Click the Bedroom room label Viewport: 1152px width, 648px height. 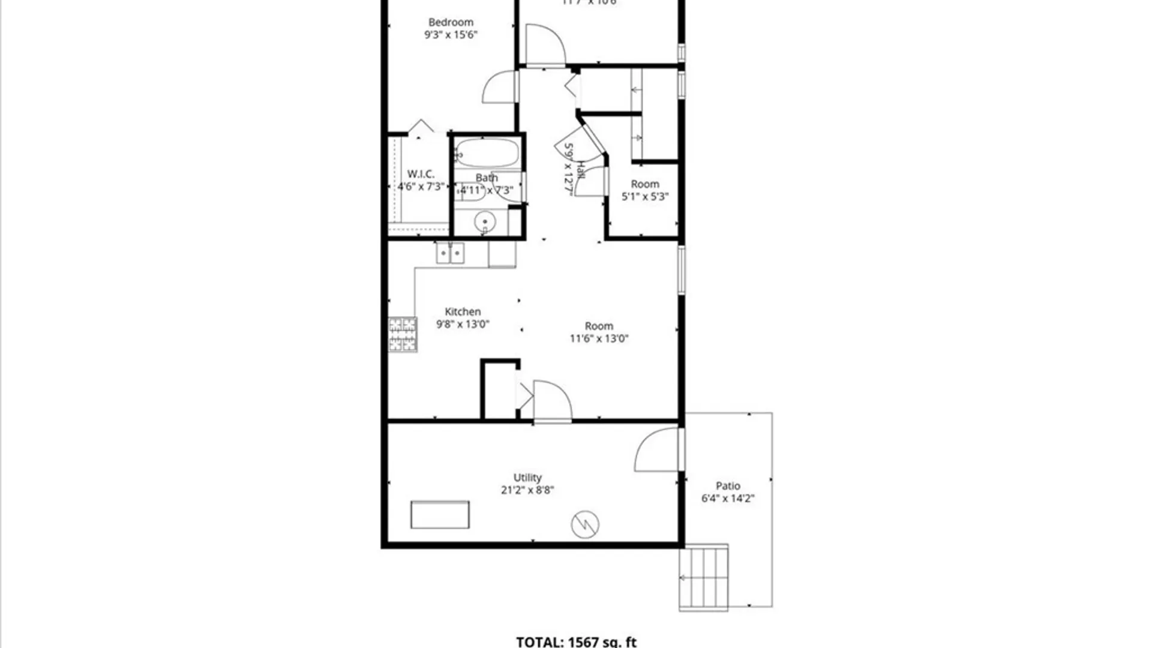click(451, 23)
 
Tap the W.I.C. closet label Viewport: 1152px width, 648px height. click(421, 174)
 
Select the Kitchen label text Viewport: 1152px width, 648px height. click(463, 311)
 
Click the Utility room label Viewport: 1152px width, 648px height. click(527, 478)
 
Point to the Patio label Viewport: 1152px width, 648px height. click(728, 486)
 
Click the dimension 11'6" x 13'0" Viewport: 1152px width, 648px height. click(599, 338)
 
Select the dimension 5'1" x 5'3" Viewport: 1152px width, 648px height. click(645, 196)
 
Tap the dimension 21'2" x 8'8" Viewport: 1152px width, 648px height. click(527, 490)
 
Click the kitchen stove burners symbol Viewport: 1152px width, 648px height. click(403, 334)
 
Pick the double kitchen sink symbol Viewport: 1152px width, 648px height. click(450, 253)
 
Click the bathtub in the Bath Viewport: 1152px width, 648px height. click(487, 153)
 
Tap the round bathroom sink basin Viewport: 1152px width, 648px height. click(485, 222)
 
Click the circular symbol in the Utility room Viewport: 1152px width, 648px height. click(585, 525)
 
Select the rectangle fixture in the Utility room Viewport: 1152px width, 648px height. click(440, 515)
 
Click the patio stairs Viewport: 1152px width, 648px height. click(704, 578)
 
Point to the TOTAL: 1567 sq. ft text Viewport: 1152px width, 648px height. click(576, 642)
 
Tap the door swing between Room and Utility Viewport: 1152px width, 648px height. click(552, 401)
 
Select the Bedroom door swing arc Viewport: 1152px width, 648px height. click(499, 88)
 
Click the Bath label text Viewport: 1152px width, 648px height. click(487, 178)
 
